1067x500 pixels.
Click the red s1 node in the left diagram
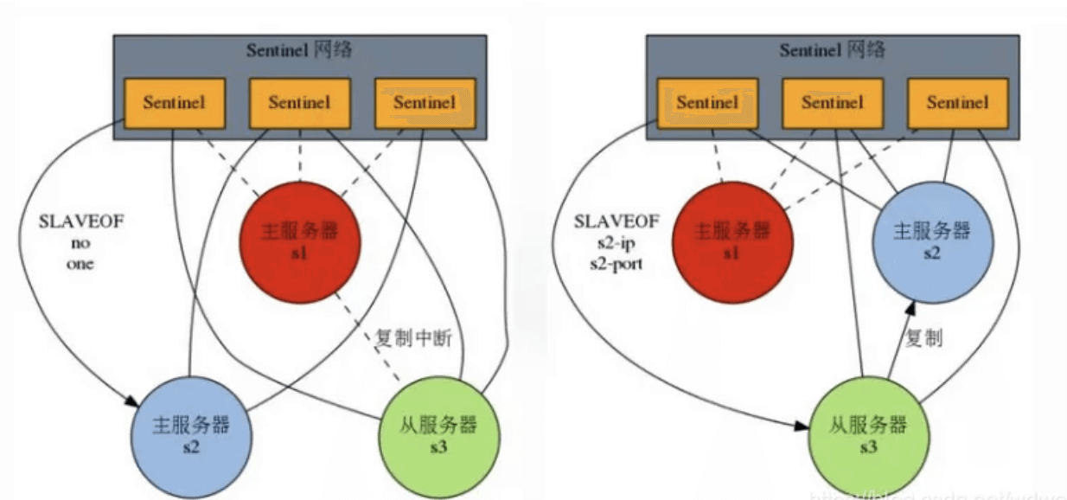pyautogui.click(x=299, y=243)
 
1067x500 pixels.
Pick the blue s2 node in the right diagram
pyautogui.click(x=931, y=241)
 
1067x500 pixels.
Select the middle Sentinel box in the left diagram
pyautogui.click(x=299, y=103)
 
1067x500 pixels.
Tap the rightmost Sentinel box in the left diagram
pyautogui.click(x=425, y=103)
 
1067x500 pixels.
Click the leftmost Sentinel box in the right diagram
pyautogui.click(x=707, y=103)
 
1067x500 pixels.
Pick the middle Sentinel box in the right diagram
pyautogui.click(x=833, y=103)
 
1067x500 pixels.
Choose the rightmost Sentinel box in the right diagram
pyautogui.click(x=957, y=103)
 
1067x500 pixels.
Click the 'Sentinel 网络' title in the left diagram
pyautogui.click(x=299, y=49)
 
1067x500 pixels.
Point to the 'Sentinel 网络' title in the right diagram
pyautogui.click(x=833, y=49)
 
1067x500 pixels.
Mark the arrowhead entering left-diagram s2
pyautogui.click(x=133, y=401)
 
